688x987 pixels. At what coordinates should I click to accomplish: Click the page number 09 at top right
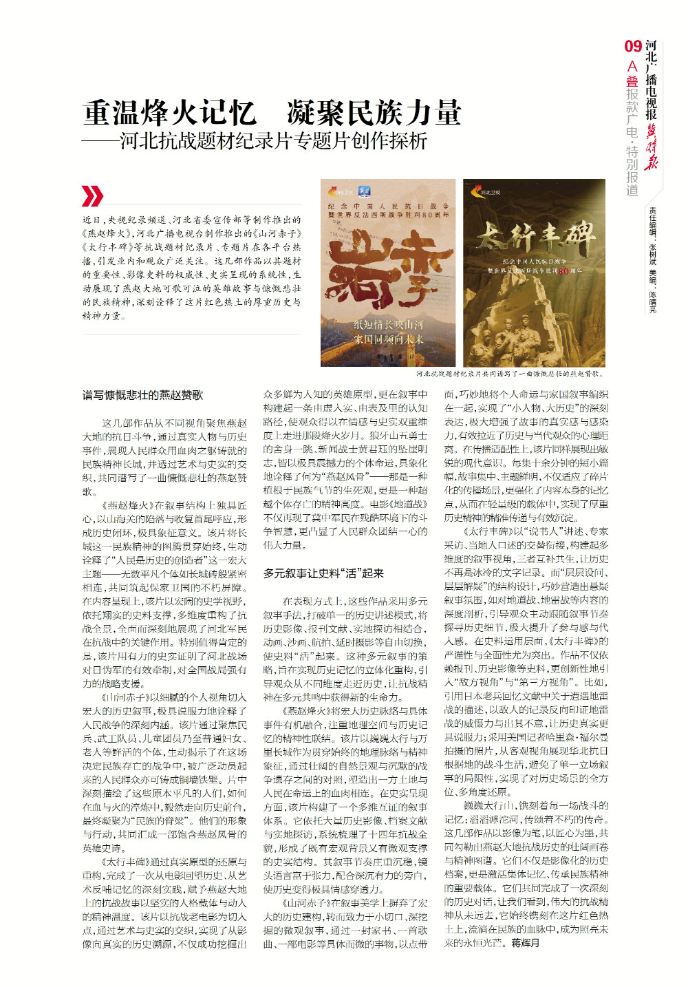pos(633,46)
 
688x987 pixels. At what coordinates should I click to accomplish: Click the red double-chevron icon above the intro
pos(92,196)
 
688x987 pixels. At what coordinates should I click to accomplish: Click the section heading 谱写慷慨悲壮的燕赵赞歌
pos(143,395)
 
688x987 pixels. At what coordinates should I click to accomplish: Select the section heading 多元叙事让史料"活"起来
pos(323,573)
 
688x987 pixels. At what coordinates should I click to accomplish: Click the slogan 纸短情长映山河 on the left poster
pos(389,325)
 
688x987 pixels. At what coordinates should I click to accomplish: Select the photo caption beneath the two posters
pos(510,374)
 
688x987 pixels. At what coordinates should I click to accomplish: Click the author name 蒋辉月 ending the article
pos(525,943)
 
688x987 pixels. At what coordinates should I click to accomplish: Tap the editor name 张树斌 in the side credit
pos(652,252)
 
